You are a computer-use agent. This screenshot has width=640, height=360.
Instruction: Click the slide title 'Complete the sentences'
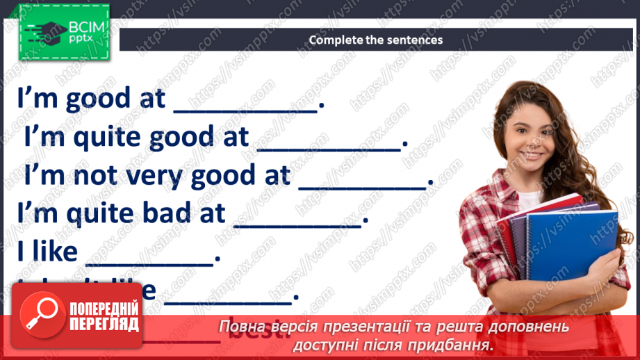coord(375,40)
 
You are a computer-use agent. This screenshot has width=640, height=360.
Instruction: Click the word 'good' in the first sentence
coord(97,100)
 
